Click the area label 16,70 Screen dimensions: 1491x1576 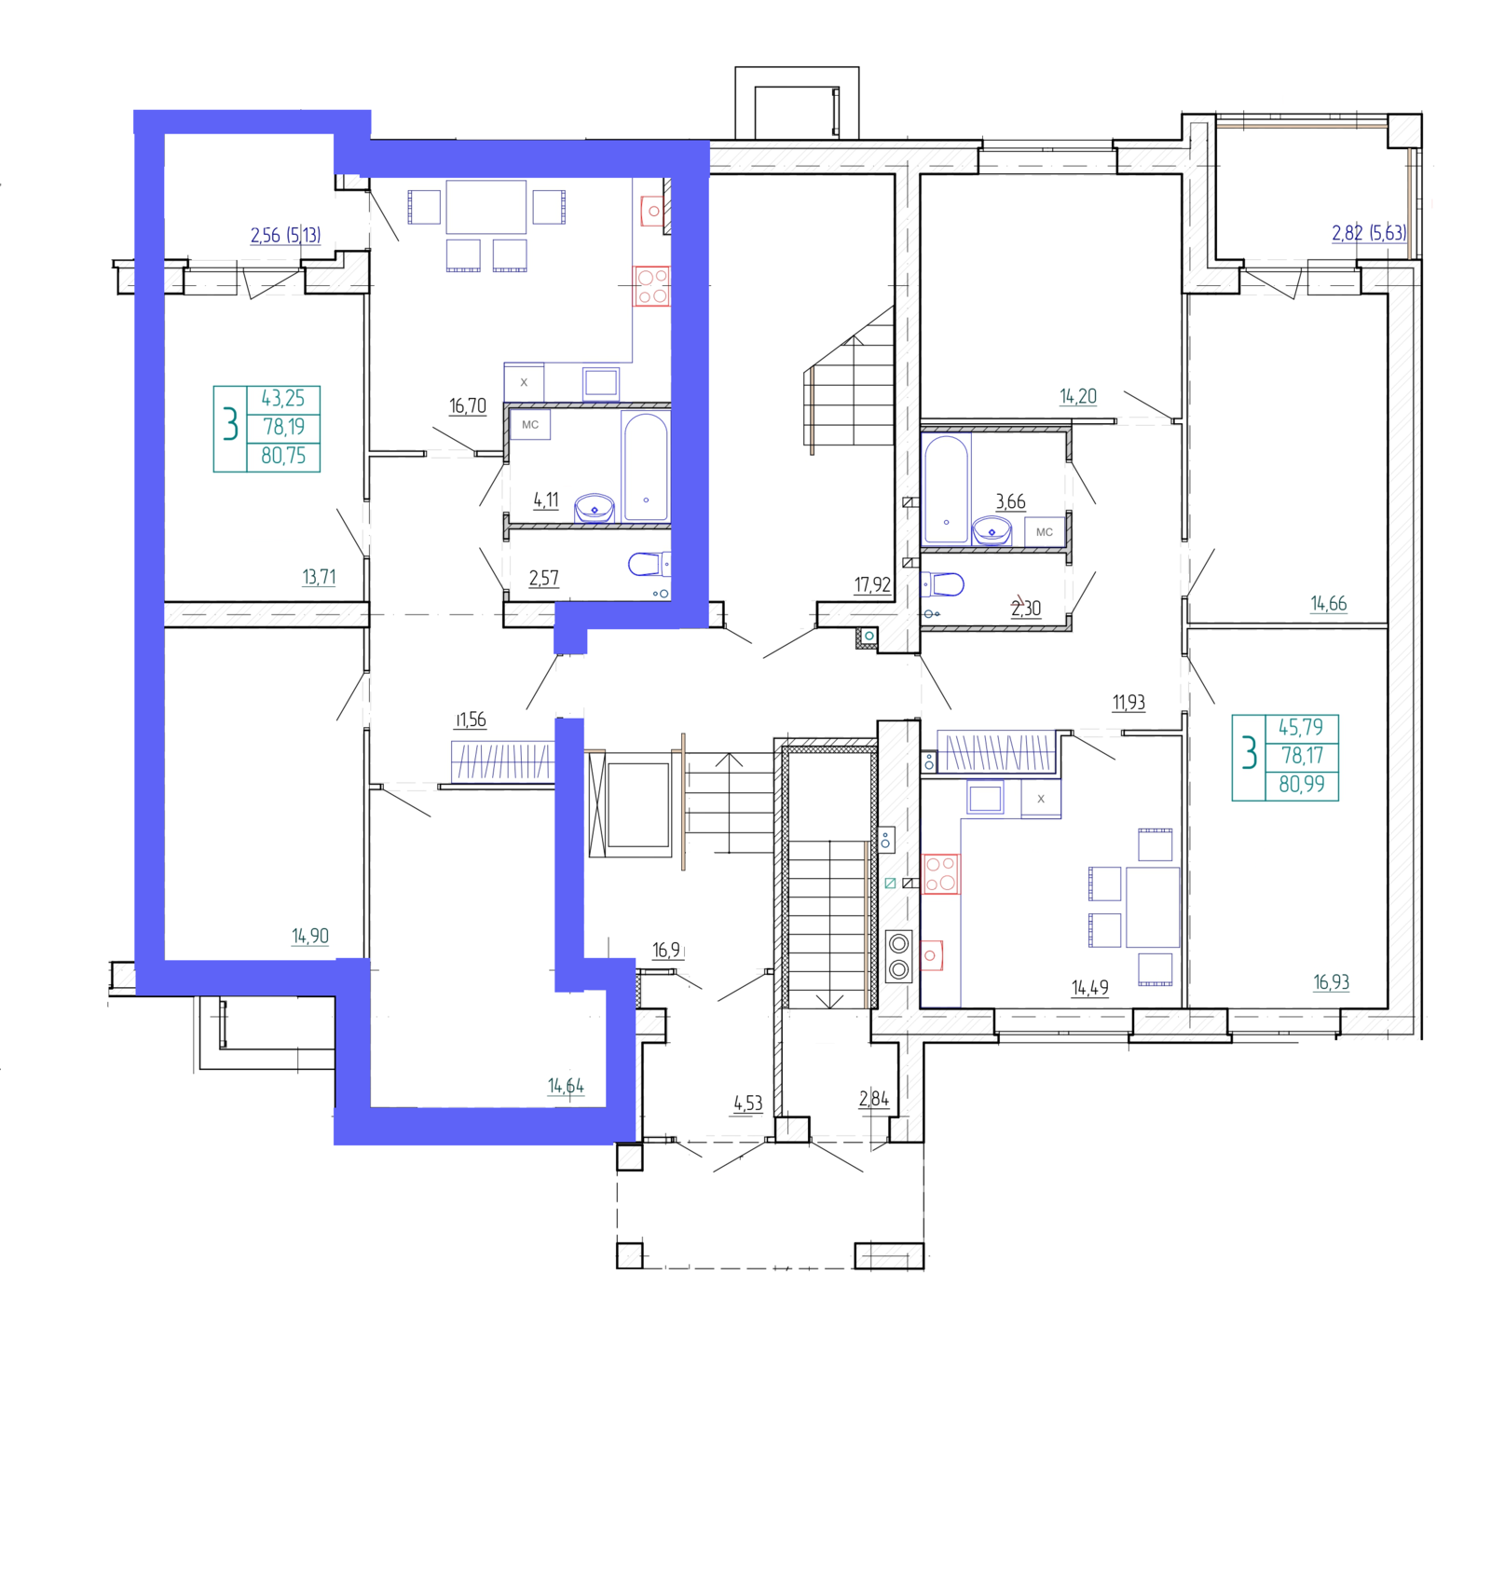coord(468,406)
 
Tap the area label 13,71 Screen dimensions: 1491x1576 coord(319,577)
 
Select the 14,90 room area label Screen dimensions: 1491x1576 coord(310,936)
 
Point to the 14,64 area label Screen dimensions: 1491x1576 coord(566,1086)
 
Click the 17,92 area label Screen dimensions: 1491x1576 coord(872,585)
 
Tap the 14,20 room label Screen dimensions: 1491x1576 coord(1078,397)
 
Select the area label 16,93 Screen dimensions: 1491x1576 coord(1332,982)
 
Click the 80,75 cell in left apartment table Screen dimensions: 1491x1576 coord(283,456)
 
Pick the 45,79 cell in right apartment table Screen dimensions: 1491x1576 coord(1301,727)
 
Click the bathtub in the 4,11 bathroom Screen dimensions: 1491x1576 coord(646,467)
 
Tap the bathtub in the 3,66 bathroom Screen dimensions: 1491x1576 coord(946,489)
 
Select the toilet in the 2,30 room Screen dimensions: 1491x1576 coord(943,584)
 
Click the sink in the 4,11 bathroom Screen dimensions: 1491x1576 coord(595,509)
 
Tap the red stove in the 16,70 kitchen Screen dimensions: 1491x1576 coord(652,286)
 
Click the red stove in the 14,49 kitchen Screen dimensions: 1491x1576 coord(940,874)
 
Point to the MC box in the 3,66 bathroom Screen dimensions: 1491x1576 coord(1045,532)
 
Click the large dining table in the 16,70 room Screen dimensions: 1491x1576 coord(486,207)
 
